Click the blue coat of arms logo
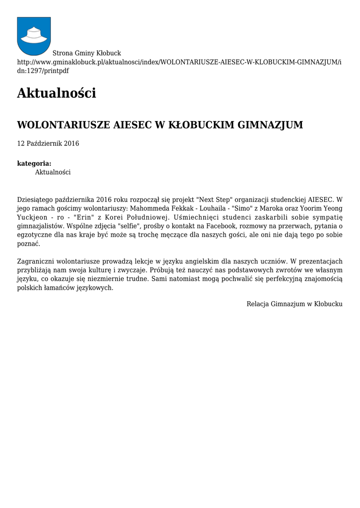pos(34,36)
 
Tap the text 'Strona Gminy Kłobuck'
pos(87,53)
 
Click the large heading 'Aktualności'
pos(56,93)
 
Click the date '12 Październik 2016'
pos(48,143)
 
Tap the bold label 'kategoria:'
pos(34,163)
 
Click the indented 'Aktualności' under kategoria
pos(53,172)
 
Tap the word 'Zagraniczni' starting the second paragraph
pos(36,261)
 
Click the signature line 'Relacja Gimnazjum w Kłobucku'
pos(294,304)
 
